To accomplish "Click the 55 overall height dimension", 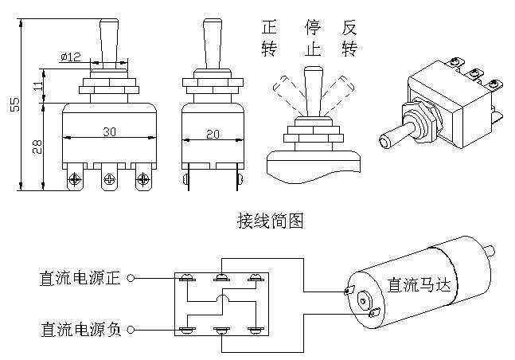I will tap(14, 106).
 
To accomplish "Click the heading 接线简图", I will tap(270, 220).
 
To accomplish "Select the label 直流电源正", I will tap(79, 279).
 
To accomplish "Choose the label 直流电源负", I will tap(79, 329).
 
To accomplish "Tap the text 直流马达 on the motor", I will tap(417, 285).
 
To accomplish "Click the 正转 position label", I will tap(269, 38).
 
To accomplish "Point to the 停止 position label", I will tap(312, 38).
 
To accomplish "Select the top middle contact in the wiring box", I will tap(221, 278).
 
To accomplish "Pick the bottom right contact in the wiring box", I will tap(256, 329).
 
